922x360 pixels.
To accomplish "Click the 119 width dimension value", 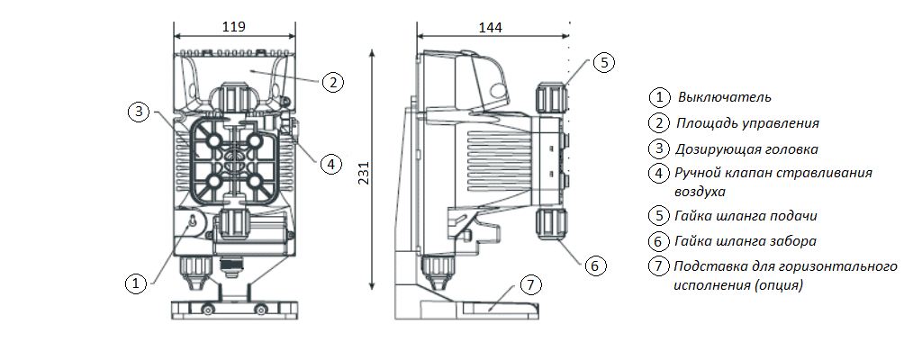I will [233, 27].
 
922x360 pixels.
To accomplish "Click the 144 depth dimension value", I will [491, 28].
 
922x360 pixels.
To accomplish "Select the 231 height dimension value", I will [364, 171].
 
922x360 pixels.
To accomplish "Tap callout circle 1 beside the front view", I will [135, 283].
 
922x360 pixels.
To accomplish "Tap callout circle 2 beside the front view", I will [332, 82].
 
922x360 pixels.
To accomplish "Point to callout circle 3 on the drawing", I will [137, 112].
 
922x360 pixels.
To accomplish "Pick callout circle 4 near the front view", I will [331, 164].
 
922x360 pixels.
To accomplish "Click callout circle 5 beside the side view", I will [604, 62].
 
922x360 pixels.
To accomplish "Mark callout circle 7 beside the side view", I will [531, 285].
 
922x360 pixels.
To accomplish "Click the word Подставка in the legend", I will [708, 266].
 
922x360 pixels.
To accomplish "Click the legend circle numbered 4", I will [660, 173].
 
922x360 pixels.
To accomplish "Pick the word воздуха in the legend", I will [700, 192].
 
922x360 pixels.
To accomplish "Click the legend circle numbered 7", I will [660, 266].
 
